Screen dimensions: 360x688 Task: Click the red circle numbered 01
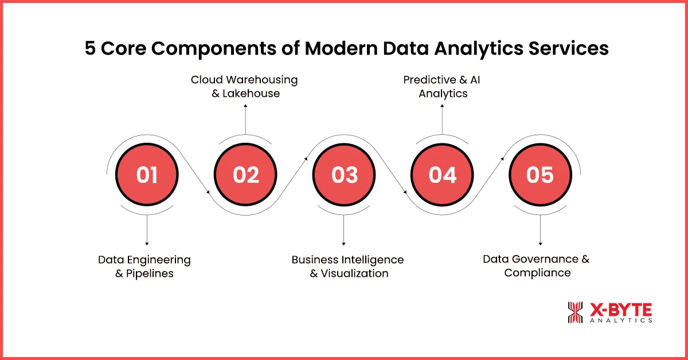147,175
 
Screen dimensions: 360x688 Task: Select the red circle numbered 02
245,175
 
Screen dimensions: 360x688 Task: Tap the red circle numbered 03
344,175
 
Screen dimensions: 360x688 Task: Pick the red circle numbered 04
442,175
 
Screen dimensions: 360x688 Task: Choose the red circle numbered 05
540,175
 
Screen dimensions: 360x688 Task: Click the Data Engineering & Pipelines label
144,267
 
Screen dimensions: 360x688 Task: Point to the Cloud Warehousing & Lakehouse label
245,86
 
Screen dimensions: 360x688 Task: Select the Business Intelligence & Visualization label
348,267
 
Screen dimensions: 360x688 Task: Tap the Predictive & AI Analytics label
442,86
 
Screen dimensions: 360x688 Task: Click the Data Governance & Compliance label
537,266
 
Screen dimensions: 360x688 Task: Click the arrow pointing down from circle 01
147,230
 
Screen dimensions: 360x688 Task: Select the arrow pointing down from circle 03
344,230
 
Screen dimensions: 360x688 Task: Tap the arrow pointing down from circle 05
540,230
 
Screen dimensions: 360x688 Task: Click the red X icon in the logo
576,313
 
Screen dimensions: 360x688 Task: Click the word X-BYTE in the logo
621,310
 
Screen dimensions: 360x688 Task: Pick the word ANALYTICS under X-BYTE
621,321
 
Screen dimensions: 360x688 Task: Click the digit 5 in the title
91,49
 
